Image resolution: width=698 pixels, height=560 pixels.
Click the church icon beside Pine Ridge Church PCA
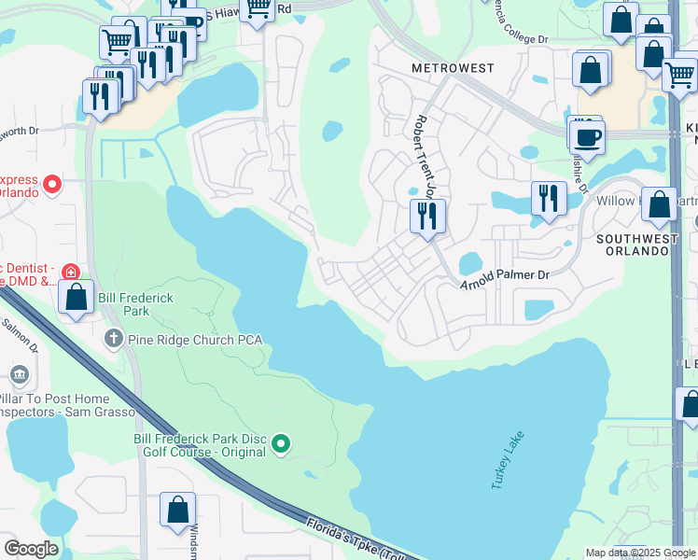tap(114, 338)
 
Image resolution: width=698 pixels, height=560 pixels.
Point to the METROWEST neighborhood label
tap(453, 69)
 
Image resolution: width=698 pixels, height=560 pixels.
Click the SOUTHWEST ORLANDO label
tap(636, 245)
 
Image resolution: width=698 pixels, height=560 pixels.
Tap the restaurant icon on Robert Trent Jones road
tap(427, 217)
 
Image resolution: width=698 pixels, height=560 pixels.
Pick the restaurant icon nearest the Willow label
tap(548, 198)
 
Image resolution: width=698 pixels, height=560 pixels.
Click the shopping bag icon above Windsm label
tap(176, 510)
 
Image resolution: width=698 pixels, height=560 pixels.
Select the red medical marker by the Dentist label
tap(70, 271)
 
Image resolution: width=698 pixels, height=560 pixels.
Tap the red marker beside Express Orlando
tap(52, 184)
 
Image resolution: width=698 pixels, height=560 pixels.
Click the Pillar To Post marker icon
tap(20, 375)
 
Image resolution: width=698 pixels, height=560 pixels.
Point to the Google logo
tap(30, 548)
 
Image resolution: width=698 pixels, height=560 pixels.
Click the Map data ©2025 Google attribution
tap(639, 553)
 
